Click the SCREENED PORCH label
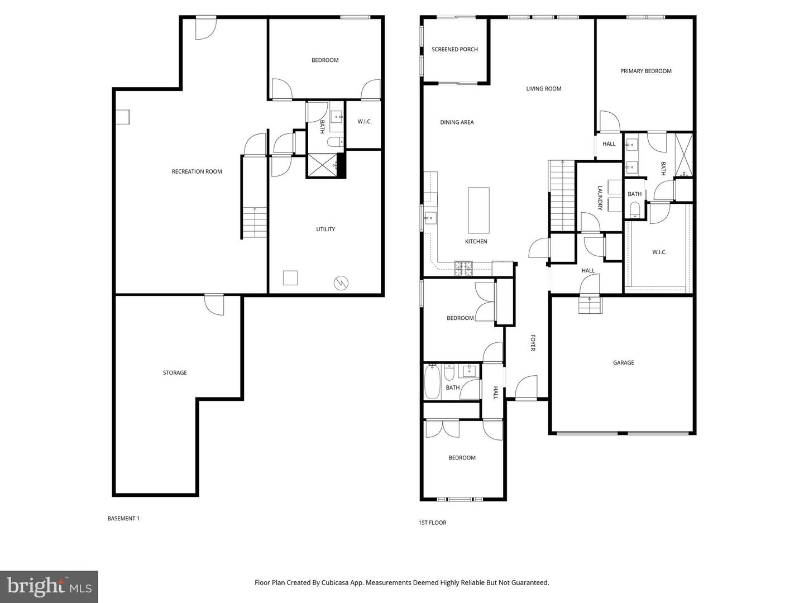click(454, 49)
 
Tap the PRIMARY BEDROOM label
click(645, 71)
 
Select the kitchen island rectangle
click(478, 210)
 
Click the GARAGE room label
click(623, 362)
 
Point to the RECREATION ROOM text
click(197, 171)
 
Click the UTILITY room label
click(326, 229)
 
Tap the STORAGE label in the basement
click(175, 372)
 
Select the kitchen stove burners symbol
click(463, 268)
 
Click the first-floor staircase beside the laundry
click(562, 195)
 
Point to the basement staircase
click(255, 222)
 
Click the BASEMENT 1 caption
click(123, 518)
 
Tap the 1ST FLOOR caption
click(432, 523)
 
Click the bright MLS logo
click(49, 586)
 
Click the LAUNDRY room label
click(600, 198)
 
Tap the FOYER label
click(533, 343)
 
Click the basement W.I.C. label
click(365, 122)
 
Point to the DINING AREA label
click(457, 122)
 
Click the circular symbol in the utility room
click(341, 283)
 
